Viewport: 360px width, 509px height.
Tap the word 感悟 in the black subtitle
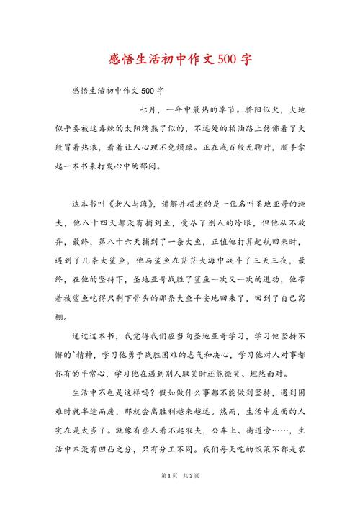click(x=81, y=91)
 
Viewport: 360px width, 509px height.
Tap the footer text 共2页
click(x=190, y=495)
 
